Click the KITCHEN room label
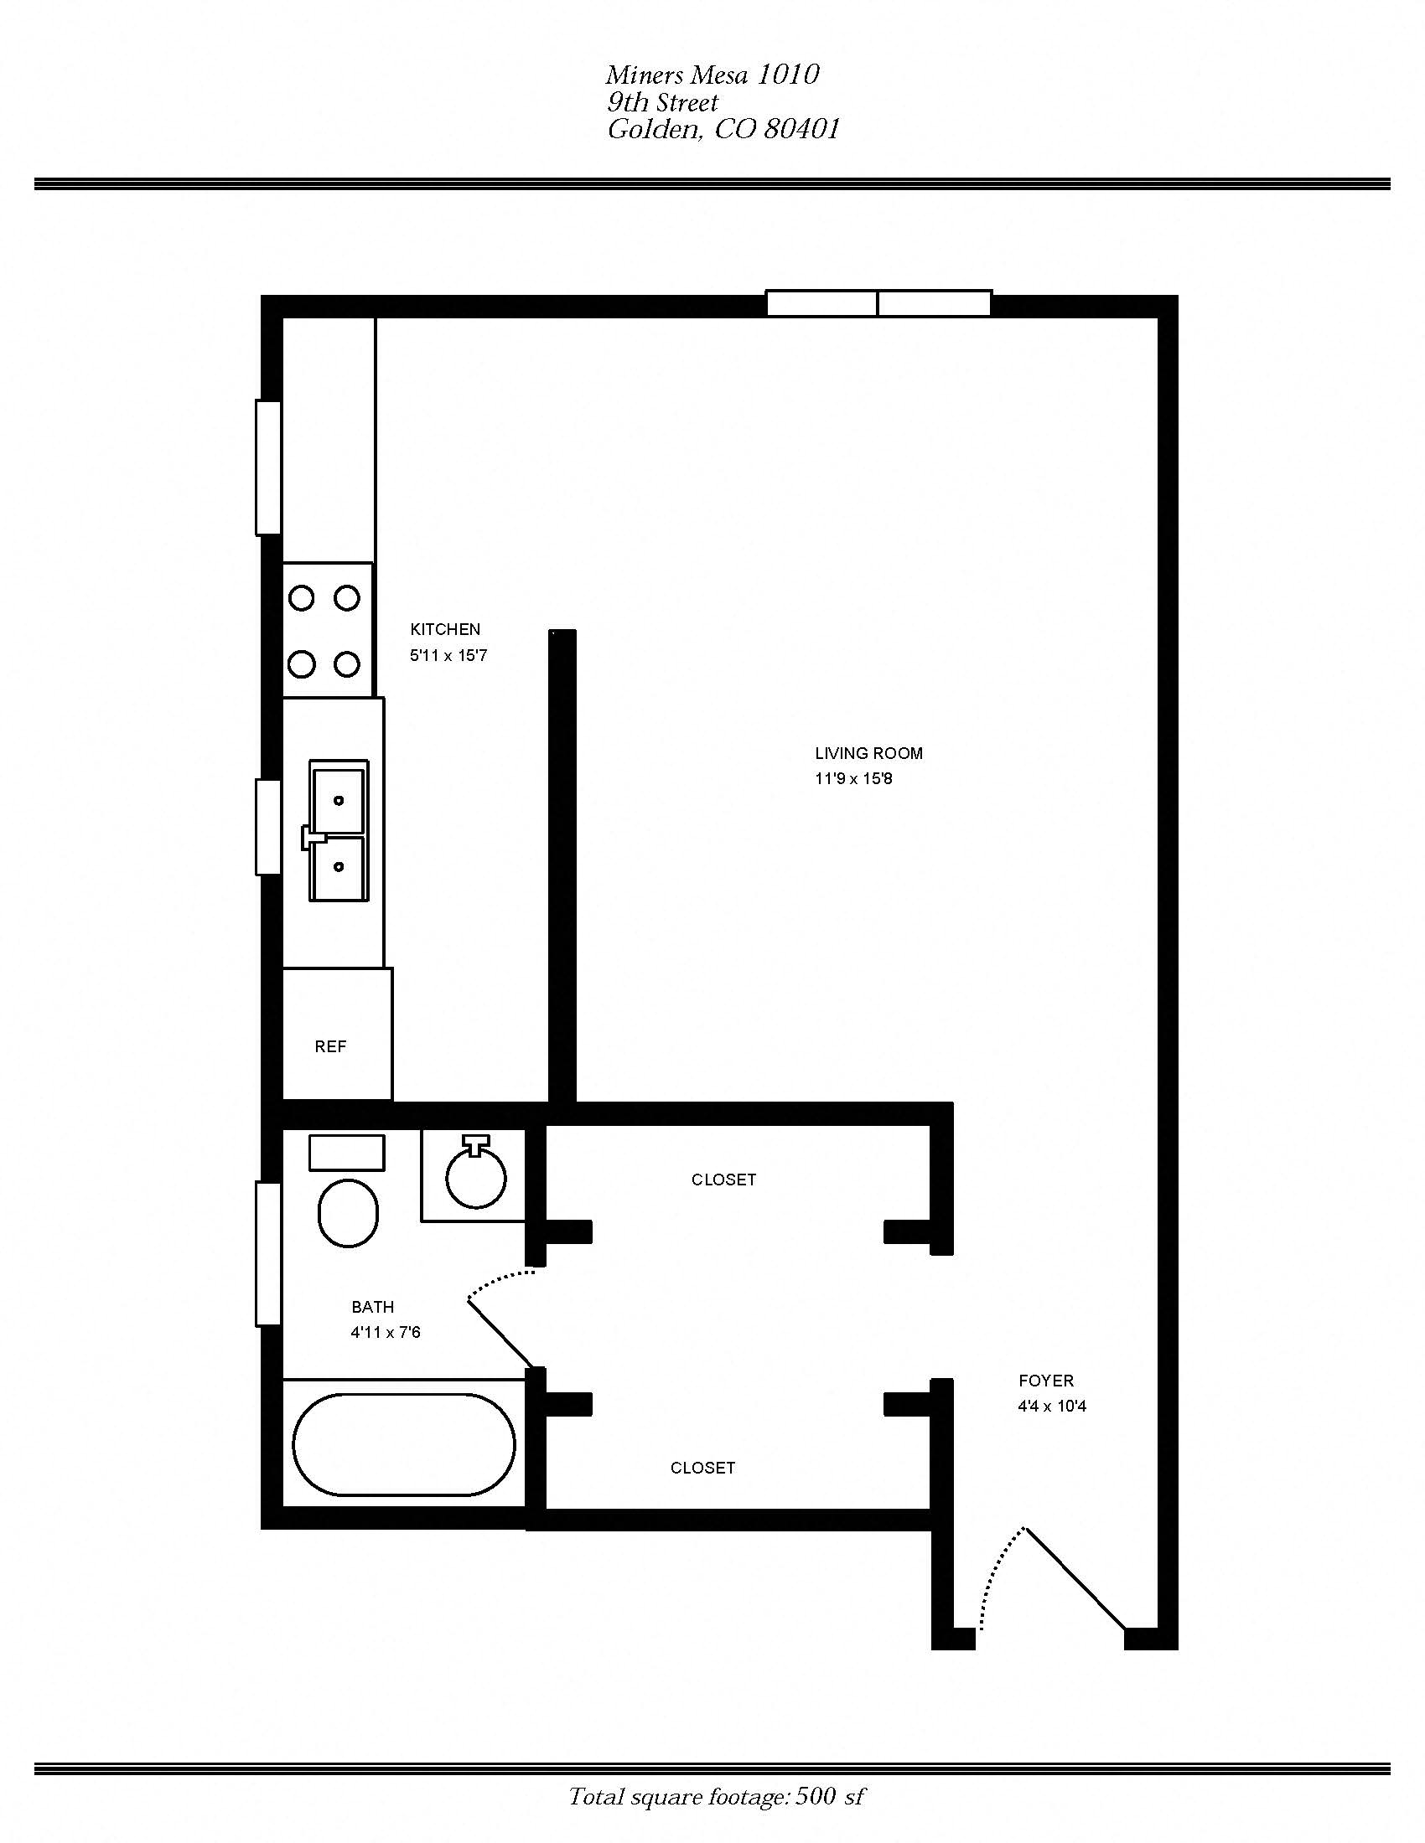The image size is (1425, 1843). click(445, 629)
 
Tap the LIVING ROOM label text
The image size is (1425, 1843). click(868, 754)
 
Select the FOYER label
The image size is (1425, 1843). click(1046, 1381)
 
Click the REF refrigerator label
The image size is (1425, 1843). click(330, 1046)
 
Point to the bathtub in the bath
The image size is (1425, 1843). click(404, 1444)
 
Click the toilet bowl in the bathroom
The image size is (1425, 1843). click(348, 1213)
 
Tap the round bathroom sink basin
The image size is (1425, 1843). click(476, 1177)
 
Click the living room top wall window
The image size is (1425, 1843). click(878, 303)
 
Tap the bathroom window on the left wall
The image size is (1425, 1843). click(268, 1253)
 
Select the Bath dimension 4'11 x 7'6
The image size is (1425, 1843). click(385, 1333)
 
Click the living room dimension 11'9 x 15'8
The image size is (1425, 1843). click(853, 779)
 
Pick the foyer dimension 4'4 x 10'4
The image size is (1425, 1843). click(1052, 1407)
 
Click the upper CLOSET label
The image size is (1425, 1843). click(723, 1180)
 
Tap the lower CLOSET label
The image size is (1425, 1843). click(702, 1469)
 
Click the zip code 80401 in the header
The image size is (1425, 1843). click(801, 129)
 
